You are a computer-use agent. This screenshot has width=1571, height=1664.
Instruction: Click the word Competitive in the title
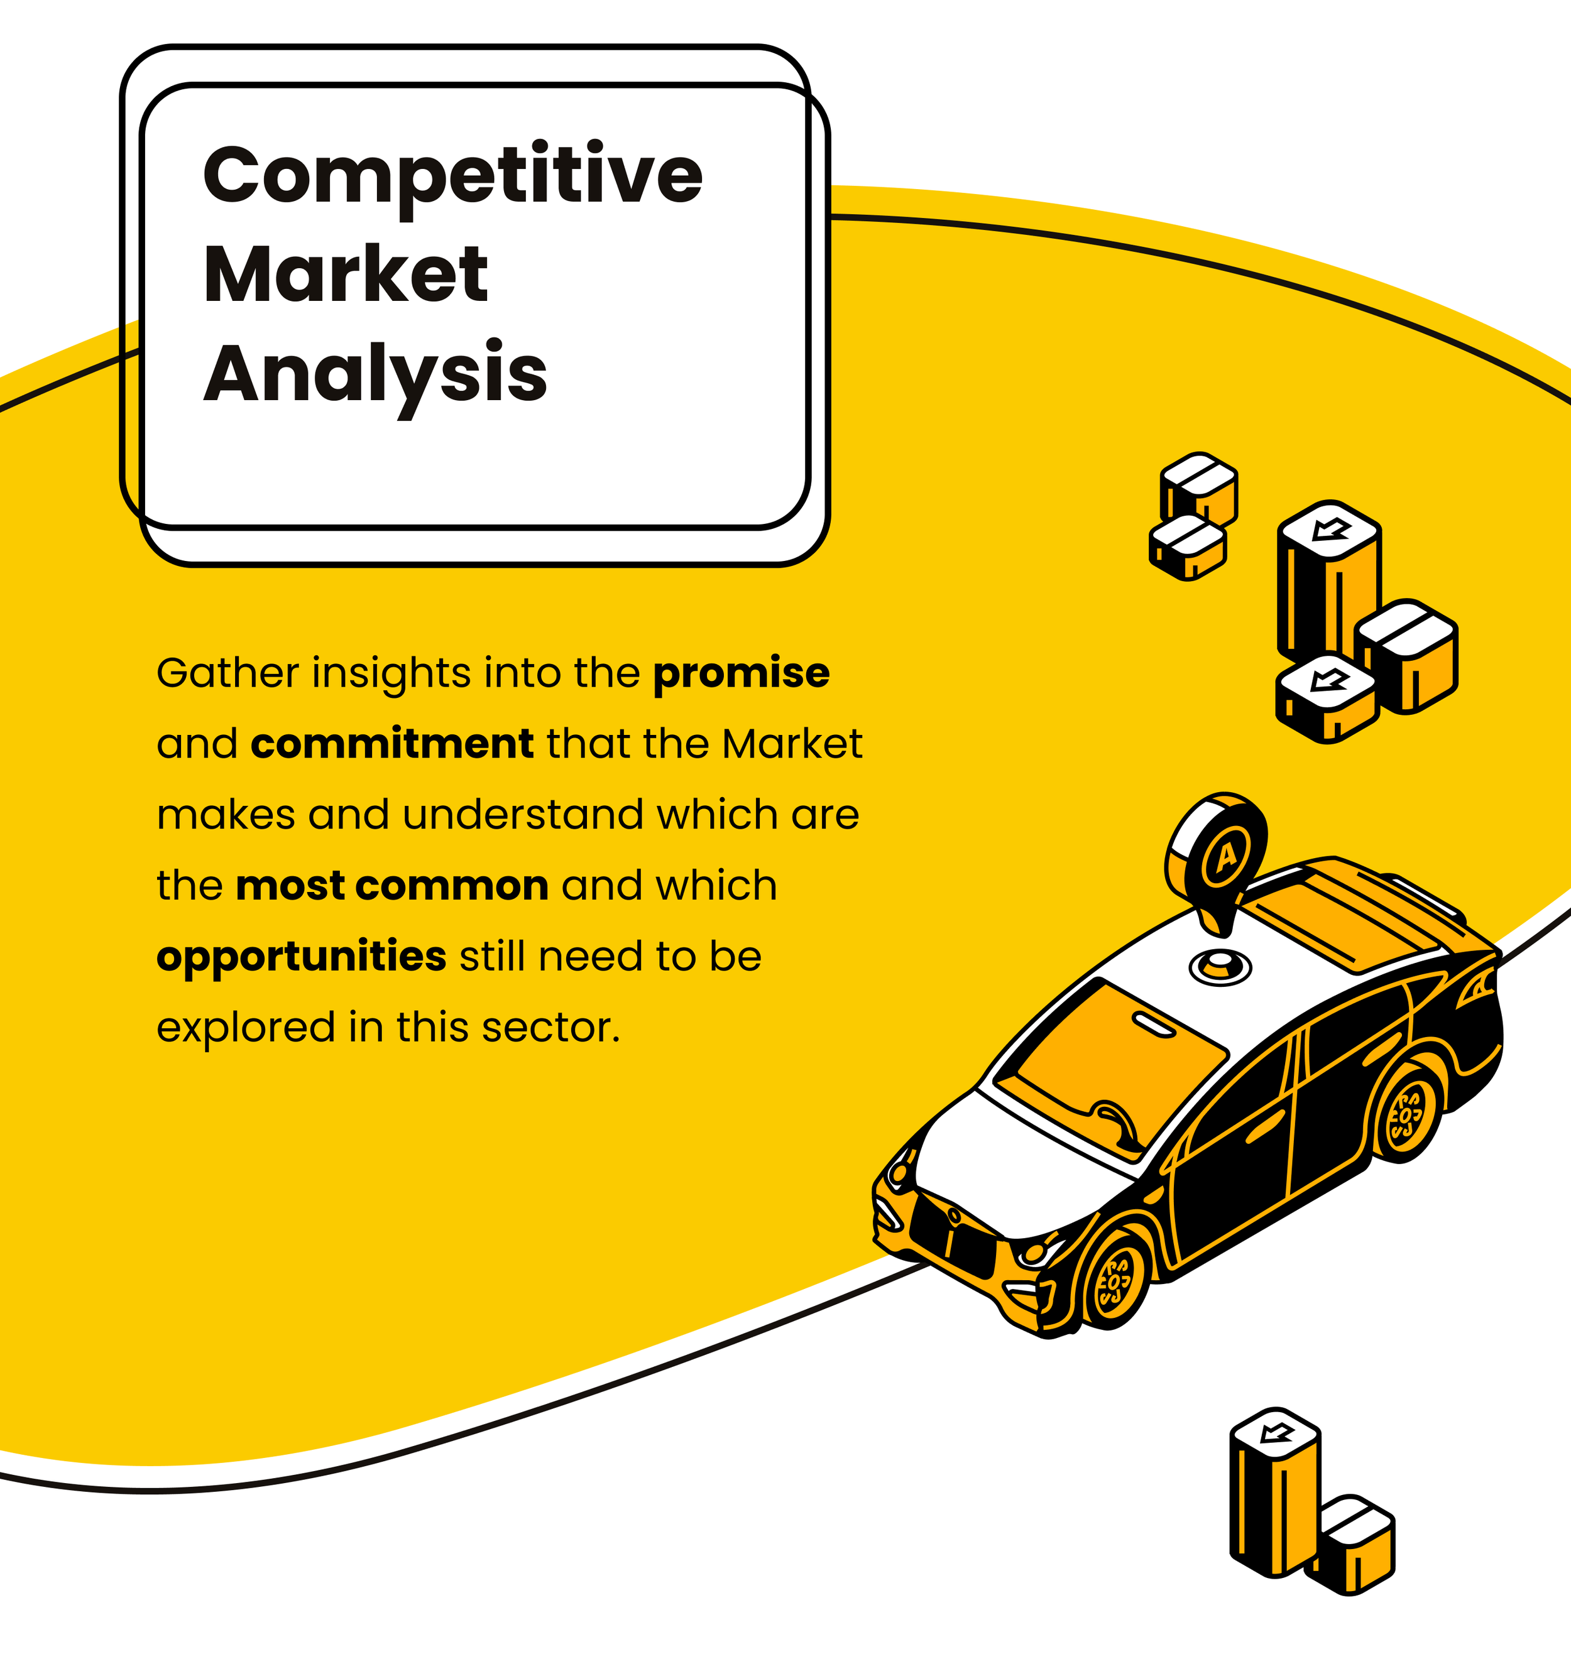click(452, 176)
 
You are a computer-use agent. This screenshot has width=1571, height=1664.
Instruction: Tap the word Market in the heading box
click(345, 275)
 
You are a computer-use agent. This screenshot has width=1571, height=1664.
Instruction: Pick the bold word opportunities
click(302, 957)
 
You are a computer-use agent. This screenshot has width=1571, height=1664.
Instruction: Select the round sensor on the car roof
click(1220, 966)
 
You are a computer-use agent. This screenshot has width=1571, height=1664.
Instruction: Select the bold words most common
click(392, 886)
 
